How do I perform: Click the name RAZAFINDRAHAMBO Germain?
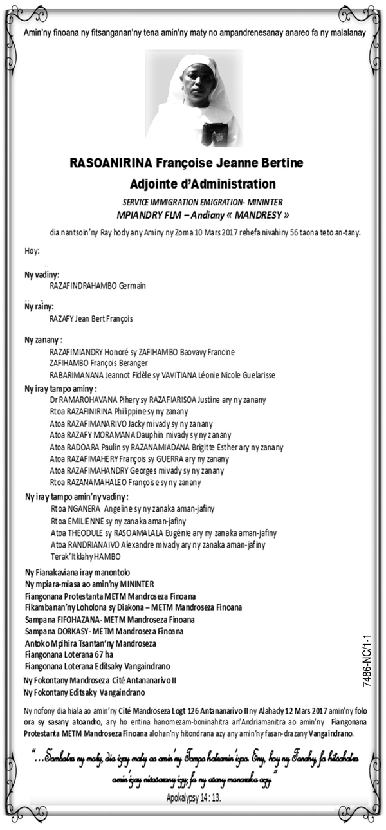(97, 285)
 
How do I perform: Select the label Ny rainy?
(39, 307)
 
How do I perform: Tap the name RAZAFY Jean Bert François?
(91, 318)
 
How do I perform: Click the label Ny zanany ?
(43, 339)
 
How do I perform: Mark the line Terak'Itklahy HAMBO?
(85, 556)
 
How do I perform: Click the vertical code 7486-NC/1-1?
(367, 659)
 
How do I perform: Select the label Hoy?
(32, 250)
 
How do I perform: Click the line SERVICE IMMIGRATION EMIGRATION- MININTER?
(194, 202)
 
